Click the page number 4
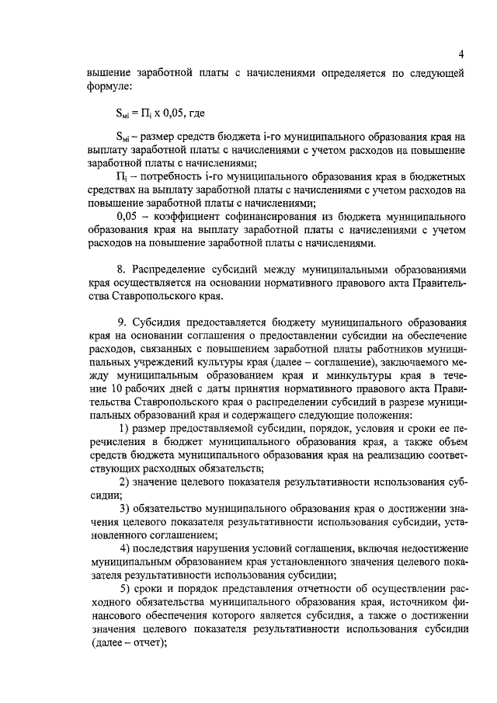[x=461, y=54]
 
